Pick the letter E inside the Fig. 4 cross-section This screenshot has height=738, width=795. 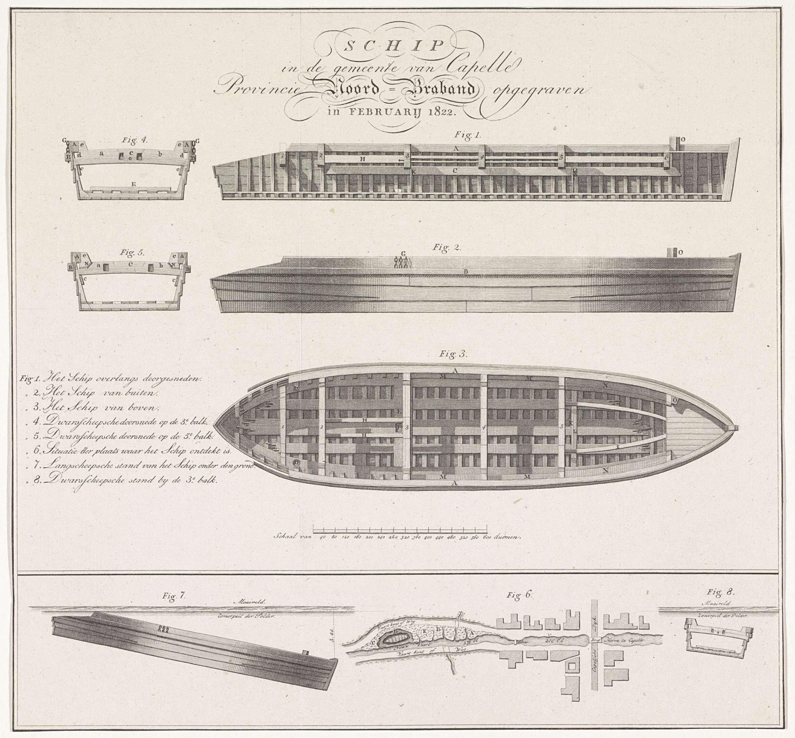[133, 184]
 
